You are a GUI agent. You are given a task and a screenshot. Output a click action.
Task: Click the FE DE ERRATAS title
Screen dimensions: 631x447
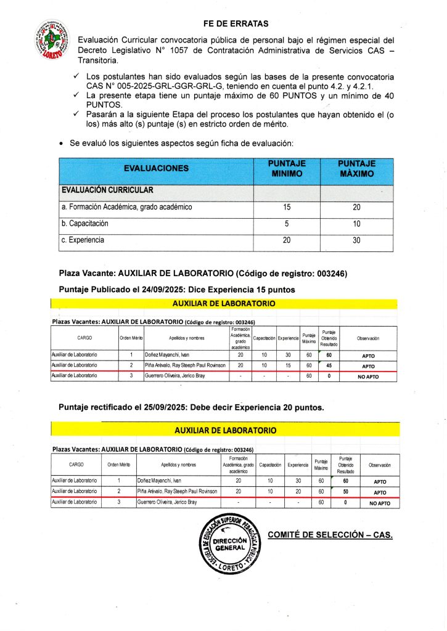click(x=236, y=23)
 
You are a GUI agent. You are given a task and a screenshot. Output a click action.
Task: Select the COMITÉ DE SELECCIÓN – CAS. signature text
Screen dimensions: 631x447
click(x=330, y=534)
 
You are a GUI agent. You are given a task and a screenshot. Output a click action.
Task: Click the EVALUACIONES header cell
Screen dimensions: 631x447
click(x=156, y=168)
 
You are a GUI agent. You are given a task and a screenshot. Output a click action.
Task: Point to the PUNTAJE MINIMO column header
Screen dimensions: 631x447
click(x=287, y=168)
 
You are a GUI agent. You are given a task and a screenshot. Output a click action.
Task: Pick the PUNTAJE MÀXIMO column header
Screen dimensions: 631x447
click(x=356, y=168)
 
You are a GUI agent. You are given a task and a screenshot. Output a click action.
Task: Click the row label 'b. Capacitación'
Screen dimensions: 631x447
click(x=85, y=224)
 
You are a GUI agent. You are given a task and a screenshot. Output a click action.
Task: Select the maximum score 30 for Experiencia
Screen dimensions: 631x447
click(x=356, y=241)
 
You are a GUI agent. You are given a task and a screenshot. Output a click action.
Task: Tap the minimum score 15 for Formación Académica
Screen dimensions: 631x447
click(x=287, y=208)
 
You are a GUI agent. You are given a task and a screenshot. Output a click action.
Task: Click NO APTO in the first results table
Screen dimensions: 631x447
click(x=367, y=376)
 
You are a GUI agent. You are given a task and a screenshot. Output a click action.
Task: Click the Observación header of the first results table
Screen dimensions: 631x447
click(x=367, y=338)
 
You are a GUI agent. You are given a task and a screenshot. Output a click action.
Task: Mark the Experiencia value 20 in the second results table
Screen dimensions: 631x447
click(x=298, y=492)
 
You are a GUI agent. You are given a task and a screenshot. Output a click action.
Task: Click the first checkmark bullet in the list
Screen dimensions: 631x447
click(x=76, y=76)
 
